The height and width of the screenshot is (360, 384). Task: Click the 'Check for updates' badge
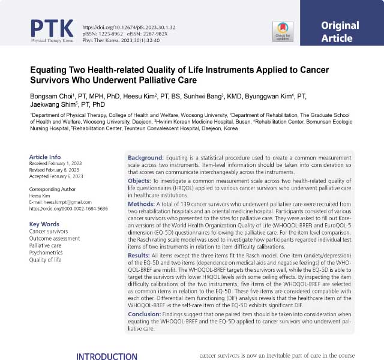click(x=283, y=31)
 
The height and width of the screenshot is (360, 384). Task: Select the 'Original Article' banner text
click(x=340, y=32)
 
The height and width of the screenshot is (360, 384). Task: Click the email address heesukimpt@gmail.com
click(x=59, y=202)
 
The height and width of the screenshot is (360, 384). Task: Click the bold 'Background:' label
click(x=146, y=158)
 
